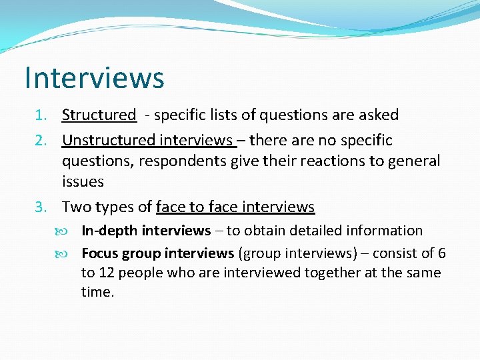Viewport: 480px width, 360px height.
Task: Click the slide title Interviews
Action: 94,77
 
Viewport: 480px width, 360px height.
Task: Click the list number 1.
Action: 41,115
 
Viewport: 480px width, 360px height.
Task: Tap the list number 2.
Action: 41,141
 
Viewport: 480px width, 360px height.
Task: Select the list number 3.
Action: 41,207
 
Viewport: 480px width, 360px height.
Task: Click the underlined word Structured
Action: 99,115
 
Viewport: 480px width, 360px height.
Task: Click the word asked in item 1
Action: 379,115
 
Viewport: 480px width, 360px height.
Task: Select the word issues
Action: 83,181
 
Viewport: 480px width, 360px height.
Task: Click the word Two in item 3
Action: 76,207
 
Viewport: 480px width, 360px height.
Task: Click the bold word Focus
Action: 100,253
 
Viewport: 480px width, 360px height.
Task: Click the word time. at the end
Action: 98,292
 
